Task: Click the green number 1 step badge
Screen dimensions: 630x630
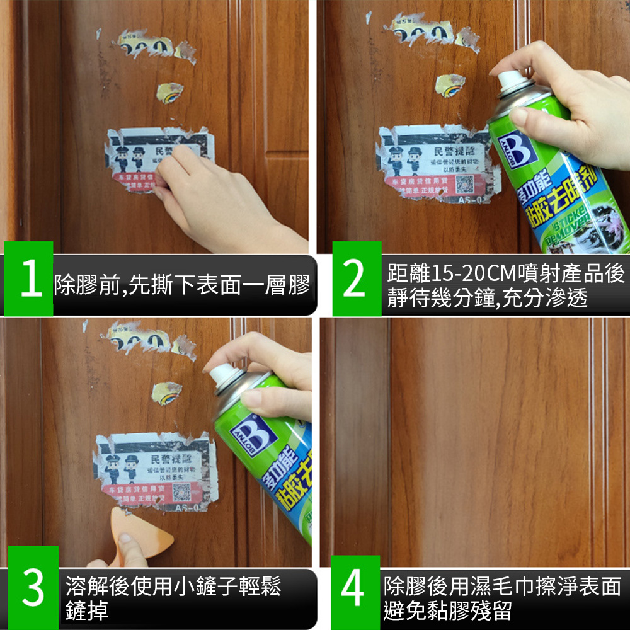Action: [28, 278]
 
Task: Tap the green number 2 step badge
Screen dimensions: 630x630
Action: [357, 278]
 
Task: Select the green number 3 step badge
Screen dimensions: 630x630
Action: [33, 587]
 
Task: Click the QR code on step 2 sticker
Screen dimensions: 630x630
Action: [464, 184]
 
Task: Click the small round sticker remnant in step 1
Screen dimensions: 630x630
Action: [169, 91]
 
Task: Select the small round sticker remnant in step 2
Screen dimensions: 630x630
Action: [451, 84]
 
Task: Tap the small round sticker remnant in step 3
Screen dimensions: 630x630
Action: [168, 392]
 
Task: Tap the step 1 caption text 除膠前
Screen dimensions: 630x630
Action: [85, 285]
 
